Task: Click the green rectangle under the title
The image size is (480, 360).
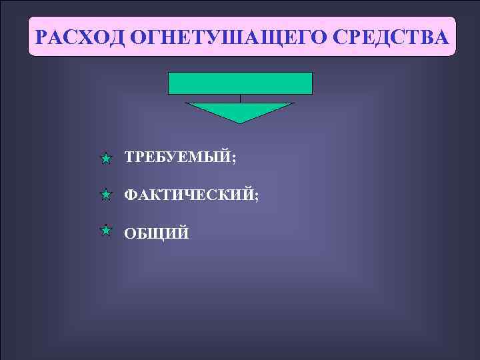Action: [x=240, y=83]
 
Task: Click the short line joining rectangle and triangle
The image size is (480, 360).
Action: [x=240, y=99]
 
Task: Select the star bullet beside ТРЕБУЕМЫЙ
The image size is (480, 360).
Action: [x=105, y=159]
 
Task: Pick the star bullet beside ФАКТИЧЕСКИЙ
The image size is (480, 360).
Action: [x=105, y=195]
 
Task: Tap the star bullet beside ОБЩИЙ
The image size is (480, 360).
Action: [x=105, y=231]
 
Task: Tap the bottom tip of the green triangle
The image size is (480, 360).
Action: [x=240, y=123]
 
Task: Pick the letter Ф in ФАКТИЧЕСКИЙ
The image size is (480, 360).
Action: [x=131, y=195]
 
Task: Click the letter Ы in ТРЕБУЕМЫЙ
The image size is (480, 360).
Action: [x=212, y=158]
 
